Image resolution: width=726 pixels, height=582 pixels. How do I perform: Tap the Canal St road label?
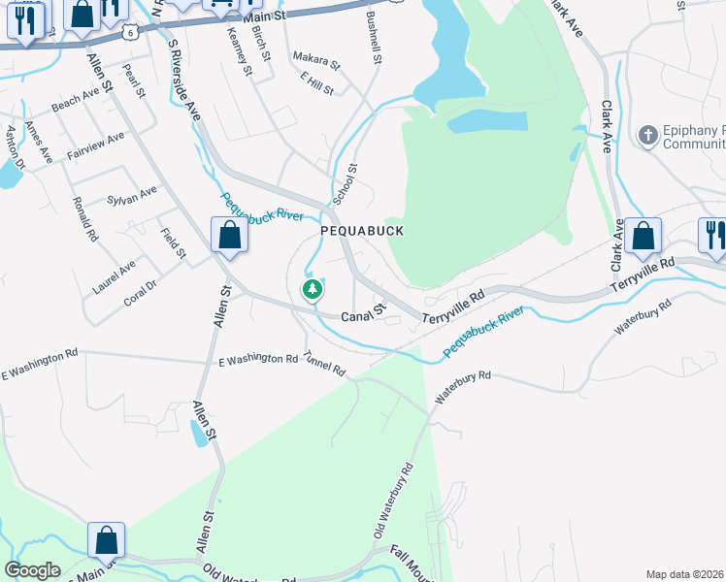point(364,314)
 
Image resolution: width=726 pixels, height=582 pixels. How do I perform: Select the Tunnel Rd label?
point(324,364)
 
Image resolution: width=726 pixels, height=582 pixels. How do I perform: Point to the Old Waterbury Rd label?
point(392,501)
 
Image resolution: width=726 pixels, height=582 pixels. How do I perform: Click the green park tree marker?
point(313,289)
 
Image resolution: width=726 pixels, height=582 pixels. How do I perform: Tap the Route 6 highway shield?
point(129,32)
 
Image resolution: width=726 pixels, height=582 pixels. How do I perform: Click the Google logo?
point(32,570)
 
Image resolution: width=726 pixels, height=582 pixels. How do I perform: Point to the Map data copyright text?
point(684,574)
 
